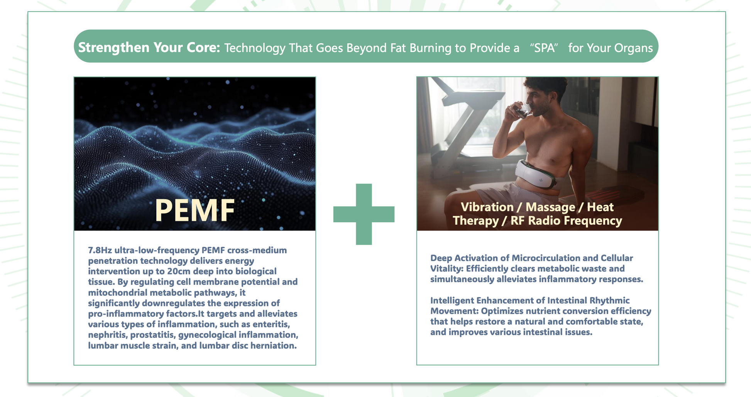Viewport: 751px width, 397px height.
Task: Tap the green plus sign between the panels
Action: (364, 214)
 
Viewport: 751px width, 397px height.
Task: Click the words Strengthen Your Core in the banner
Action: (149, 48)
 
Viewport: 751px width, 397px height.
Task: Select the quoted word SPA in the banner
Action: (544, 48)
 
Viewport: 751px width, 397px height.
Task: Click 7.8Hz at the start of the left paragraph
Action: (100, 250)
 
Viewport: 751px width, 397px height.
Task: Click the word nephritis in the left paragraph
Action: (108, 335)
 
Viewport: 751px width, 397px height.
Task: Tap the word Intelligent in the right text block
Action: (452, 300)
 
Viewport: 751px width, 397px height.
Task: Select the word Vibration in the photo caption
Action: (487, 207)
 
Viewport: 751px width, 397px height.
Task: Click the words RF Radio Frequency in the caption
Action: (566, 221)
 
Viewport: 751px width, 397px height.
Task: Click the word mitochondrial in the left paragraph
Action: (118, 292)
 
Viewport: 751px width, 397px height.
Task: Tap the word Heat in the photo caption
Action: (600, 207)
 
